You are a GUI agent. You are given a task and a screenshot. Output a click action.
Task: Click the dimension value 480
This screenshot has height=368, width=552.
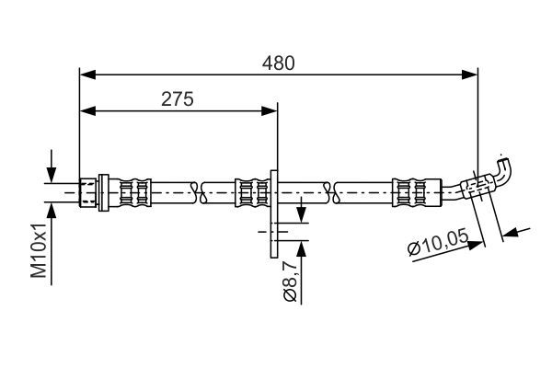pos(279,63)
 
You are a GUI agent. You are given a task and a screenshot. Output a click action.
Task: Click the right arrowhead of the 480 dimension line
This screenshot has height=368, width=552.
pos(471,73)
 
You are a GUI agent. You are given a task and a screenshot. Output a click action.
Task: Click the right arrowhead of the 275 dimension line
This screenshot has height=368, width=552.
pos(270,110)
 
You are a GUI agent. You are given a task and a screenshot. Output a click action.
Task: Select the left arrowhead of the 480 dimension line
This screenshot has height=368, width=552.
pos(87,73)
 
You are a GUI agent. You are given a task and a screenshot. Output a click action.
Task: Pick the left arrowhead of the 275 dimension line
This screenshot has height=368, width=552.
pos(87,110)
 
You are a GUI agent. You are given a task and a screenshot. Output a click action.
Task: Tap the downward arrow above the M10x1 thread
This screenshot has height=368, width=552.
pos(52,176)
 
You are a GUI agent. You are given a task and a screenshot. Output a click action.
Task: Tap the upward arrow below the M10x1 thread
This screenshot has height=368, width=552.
pos(52,208)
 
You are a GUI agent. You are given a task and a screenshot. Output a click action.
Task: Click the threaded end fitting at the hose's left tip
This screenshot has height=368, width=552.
pos(89,192)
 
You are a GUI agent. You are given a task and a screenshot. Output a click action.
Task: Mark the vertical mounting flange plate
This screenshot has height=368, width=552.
pos(274,212)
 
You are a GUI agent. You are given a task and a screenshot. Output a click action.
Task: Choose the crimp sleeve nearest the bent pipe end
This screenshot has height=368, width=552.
pos(408,192)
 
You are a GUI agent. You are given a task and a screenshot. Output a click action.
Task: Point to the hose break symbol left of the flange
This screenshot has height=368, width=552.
pos(197,192)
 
